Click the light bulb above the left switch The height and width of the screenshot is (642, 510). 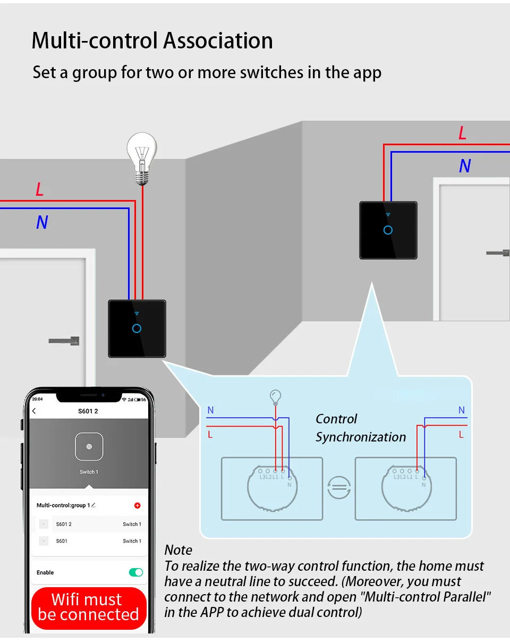point(141,157)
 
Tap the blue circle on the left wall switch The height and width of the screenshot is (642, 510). point(137,328)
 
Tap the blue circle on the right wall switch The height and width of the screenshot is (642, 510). point(388,230)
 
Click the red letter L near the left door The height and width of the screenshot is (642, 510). point(39,189)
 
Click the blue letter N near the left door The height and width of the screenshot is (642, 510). point(42,222)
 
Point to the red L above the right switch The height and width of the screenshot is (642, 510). point(462,134)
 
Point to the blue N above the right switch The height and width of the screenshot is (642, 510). point(465,166)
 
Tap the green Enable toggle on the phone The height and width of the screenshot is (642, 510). point(136,572)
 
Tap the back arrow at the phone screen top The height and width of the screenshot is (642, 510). point(34,411)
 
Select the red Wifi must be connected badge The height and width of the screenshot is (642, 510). point(88,607)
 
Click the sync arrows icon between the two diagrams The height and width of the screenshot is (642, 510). point(339,487)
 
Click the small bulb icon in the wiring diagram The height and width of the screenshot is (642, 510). point(275,397)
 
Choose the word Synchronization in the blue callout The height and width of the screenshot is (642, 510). point(361,437)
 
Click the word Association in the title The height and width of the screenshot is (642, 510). point(218,41)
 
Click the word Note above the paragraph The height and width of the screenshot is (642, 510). point(178,550)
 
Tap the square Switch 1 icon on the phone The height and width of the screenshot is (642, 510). point(89,447)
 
